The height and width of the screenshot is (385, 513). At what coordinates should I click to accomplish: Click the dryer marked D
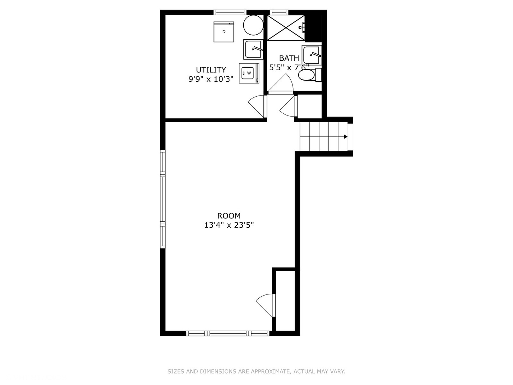224,32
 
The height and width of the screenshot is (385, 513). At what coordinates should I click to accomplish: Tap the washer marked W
248,73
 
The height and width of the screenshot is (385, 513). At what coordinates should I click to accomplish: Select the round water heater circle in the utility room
253,25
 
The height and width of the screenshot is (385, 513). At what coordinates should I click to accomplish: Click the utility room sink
253,50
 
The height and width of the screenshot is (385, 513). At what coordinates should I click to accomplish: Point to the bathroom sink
311,55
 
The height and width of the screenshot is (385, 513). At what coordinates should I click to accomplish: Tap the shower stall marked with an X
286,27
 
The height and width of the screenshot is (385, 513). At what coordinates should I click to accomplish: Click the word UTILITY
211,70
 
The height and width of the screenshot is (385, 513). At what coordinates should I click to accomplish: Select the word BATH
289,58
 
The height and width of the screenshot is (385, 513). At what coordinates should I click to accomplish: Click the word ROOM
229,216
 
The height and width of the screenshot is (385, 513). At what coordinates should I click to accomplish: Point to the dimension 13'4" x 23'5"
229,225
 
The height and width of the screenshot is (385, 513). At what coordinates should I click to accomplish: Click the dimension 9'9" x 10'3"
211,79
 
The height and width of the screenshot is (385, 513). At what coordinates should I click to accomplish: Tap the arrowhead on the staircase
346,137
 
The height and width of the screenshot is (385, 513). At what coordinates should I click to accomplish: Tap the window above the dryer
230,12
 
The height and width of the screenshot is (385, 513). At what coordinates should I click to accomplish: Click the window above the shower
278,12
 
